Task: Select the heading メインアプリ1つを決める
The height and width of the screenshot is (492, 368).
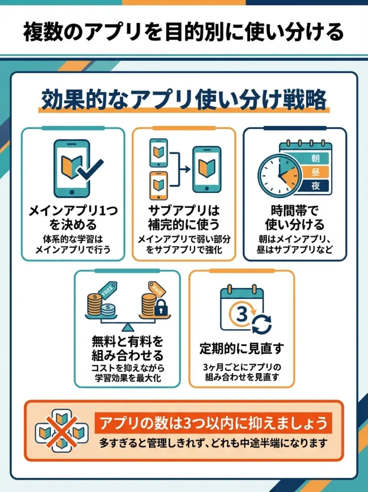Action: [x=73, y=218]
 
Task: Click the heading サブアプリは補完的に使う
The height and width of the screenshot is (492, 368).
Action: [x=184, y=218]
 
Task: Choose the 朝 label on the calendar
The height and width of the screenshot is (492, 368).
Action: [x=315, y=158]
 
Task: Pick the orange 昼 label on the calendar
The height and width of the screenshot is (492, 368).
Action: [x=315, y=172]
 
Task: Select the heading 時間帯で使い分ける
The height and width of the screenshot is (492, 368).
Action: [x=294, y=218]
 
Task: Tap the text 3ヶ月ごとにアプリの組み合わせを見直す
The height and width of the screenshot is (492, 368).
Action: [x=241, y=373]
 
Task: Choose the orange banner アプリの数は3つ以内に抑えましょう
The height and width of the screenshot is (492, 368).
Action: [x=213, y=423]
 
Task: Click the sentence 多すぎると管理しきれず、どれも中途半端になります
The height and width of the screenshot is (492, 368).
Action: [x=213, y=443]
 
